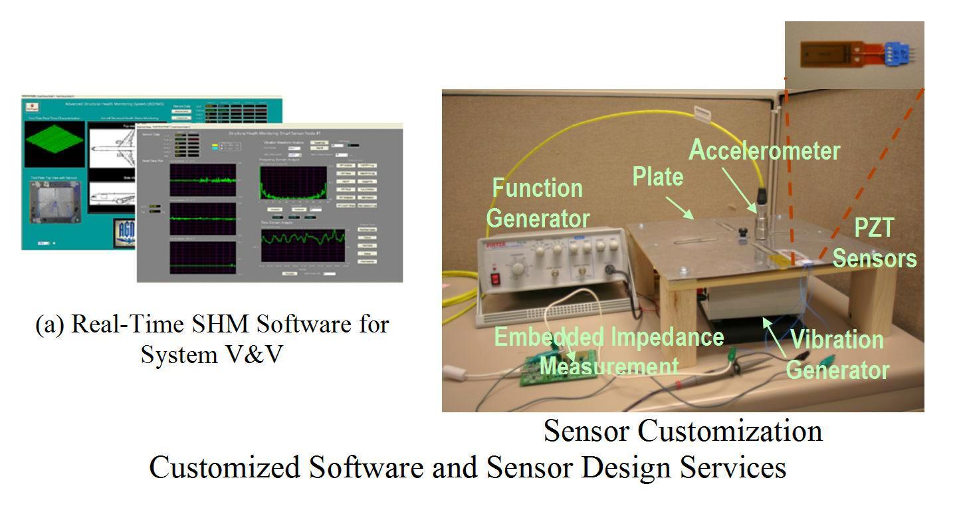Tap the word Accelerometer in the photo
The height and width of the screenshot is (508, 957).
coord(764,150)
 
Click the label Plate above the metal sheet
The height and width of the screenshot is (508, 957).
coord(657,177)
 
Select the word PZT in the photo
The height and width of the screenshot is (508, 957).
coord(873,229)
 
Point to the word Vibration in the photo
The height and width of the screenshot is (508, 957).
coord(836,340)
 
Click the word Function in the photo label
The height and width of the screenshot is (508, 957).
coord(537,188)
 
